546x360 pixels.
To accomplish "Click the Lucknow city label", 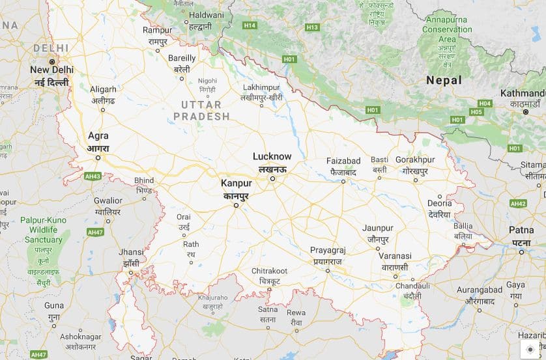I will [x=272, y=156].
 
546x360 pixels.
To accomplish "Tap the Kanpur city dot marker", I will [x=237, y=205].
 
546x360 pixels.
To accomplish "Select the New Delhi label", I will [x=51, y=70].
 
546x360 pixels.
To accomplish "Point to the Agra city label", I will [x=98, y=137].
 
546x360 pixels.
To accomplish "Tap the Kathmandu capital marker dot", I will [x=526, y=113].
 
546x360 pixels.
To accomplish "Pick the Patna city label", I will [x=521, y=230].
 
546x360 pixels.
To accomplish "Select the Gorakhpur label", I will [x=414, y=159].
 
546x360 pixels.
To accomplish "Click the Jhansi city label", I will [x=131, y=252].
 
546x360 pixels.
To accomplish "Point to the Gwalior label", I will [x=108, y=201].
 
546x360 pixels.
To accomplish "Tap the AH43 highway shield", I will [x=93, y=176].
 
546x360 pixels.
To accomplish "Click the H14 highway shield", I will [x=249, y=25].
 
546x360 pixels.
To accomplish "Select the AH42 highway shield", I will [x=518, y=204].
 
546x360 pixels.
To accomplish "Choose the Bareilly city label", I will [x=182, y=58].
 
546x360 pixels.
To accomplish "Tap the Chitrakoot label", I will [x=269, y=271].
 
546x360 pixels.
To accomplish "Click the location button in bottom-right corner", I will [x=530, y=350].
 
